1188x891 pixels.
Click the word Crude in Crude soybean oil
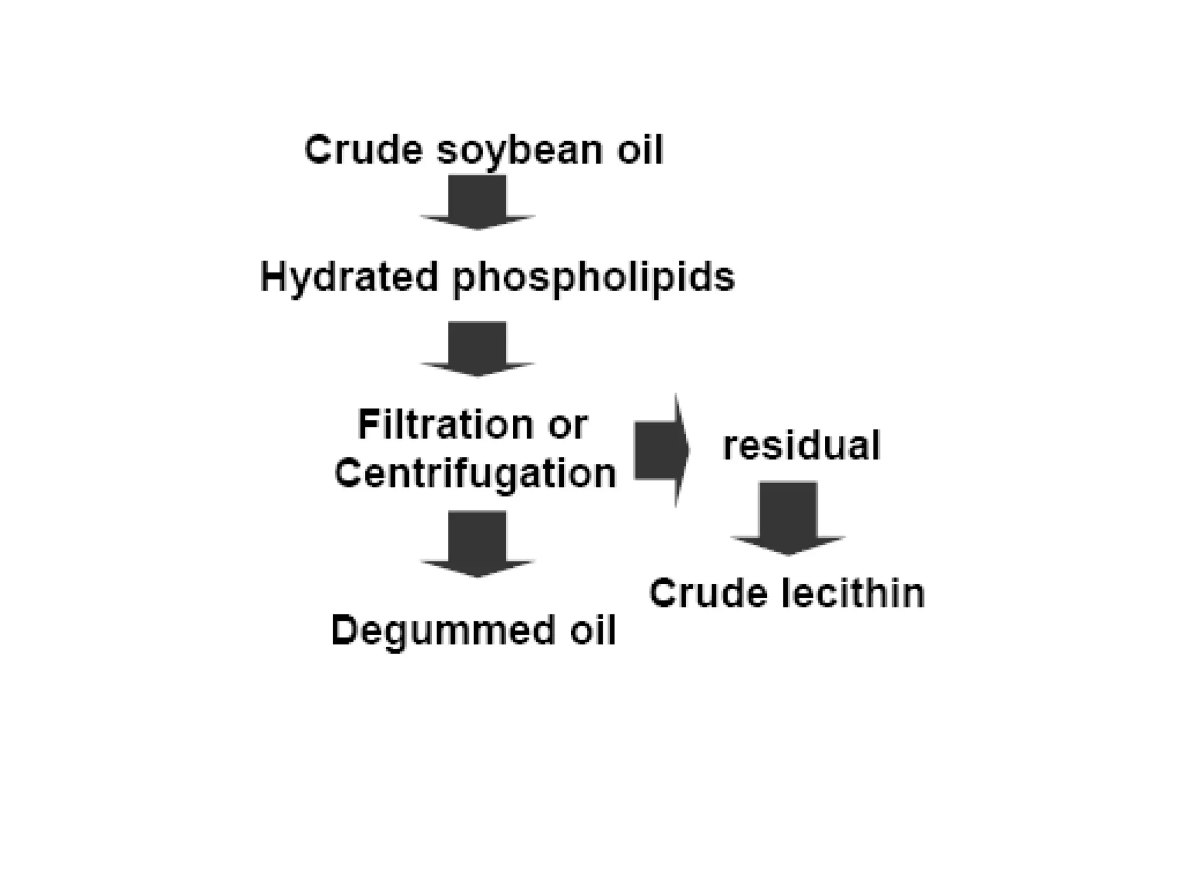tap(363, 150)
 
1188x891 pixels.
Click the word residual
tap(801, 445)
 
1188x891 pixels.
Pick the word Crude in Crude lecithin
tap(707, 593)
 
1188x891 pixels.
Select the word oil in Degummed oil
tap(592, 631)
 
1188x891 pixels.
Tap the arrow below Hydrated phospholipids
tap(477, 348)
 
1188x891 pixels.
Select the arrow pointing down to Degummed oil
tap(477, 543)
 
